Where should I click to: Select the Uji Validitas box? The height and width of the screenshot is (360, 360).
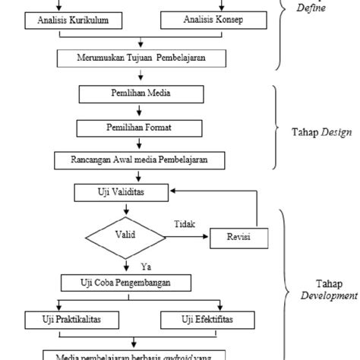[121, 193]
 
